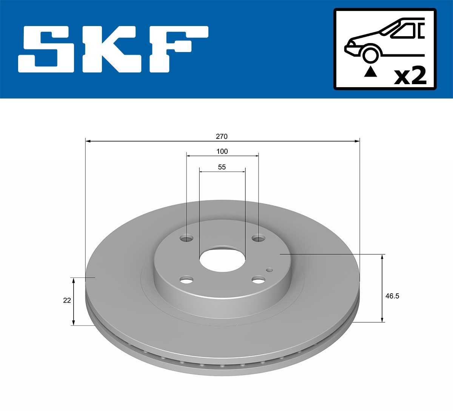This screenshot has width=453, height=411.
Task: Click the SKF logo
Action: pos(113,49)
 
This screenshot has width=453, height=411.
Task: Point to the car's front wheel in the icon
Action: pos(370,54)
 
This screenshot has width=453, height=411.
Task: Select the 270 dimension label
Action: pos(222,136)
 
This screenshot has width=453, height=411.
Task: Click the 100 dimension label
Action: pos(222,151)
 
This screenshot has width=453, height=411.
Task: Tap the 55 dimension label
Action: pos(222,167)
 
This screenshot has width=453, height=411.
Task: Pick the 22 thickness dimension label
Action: pos(67,300)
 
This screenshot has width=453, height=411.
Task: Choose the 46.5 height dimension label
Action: pos(392,296)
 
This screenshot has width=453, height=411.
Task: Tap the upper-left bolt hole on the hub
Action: pos(186,238)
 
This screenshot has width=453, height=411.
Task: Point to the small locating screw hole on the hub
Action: pos(269,269)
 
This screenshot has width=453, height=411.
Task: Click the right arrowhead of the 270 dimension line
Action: pos(357,141)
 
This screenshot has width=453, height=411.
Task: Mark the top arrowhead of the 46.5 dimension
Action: pos(382,257)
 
